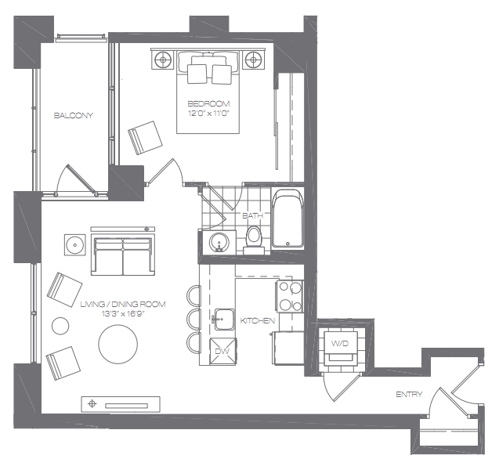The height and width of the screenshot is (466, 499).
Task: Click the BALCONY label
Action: [73, 115]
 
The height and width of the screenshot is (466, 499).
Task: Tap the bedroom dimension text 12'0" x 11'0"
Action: [208, 114]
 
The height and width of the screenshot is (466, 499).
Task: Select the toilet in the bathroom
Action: [254, 240]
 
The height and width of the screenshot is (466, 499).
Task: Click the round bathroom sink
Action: [219, 242]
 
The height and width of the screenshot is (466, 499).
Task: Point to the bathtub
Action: [287, 219]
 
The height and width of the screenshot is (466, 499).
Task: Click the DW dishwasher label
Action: [222, 351]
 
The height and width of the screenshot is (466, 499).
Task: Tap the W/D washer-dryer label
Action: [340, 343]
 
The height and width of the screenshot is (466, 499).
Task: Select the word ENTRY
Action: [409, 395]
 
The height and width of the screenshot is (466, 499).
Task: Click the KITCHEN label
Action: [257, 320]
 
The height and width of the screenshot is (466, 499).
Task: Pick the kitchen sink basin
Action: [224, 319]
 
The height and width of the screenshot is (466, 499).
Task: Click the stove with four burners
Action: [289, 296]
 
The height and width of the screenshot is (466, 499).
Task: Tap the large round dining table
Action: [118, 344]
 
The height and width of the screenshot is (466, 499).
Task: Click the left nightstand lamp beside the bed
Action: [163, 60]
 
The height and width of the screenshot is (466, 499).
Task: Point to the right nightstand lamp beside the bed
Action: [253, 60]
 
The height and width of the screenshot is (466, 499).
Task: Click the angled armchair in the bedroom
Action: [145, 138]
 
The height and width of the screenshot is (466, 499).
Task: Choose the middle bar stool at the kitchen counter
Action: [193, 317]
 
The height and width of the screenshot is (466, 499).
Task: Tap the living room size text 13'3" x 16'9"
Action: [123, 314]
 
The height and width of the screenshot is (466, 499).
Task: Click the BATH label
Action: [253, 215]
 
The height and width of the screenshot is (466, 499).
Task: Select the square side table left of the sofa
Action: [75, 245]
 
